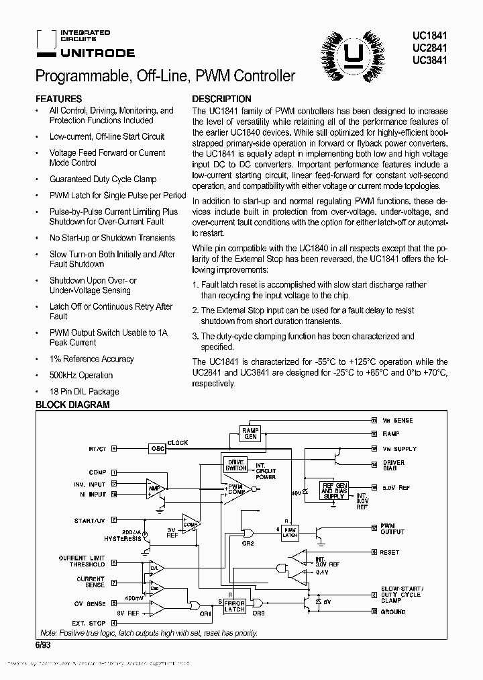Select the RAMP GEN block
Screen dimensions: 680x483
(x=250, y=433)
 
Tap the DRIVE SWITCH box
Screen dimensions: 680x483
(x=235, y=464)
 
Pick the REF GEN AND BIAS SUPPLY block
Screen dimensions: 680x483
(x=333, y=491)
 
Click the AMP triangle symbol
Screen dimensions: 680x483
(x=155, y=488)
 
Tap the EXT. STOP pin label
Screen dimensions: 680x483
(x=89, y=624)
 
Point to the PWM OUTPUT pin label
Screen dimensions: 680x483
(x=392, y=529)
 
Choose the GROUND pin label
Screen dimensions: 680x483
(x=392, y=611)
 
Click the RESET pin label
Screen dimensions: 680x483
(x=390, y=552)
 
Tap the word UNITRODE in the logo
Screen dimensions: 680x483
(x=97, y=52)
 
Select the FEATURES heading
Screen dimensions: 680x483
(x=58, y=99)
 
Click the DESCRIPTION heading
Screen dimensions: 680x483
(x=222, y=99)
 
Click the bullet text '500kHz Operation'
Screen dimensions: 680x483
(x=81, y=375)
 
